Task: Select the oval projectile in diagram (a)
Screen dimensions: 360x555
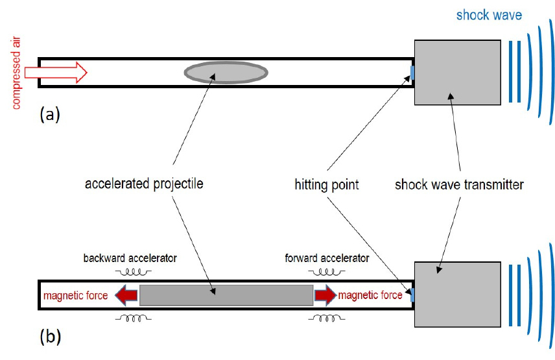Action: (226, 71)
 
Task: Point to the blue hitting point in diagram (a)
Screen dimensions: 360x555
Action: (412, 71)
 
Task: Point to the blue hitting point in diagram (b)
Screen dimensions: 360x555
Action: (412, 295)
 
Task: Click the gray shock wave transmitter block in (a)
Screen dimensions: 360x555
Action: (457, 72)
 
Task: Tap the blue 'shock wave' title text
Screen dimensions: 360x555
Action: (488, 15)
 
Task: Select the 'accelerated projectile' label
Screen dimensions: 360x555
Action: (144, 184)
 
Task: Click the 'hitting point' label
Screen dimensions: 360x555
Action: (326, 185)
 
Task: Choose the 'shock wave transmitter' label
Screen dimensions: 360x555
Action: (459, 185)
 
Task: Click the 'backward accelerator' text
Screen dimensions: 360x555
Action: (130, 258)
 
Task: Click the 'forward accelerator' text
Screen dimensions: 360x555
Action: (327, 258)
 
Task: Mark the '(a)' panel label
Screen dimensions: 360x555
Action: (50, 115)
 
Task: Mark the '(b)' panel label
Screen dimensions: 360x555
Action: (50, 337)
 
